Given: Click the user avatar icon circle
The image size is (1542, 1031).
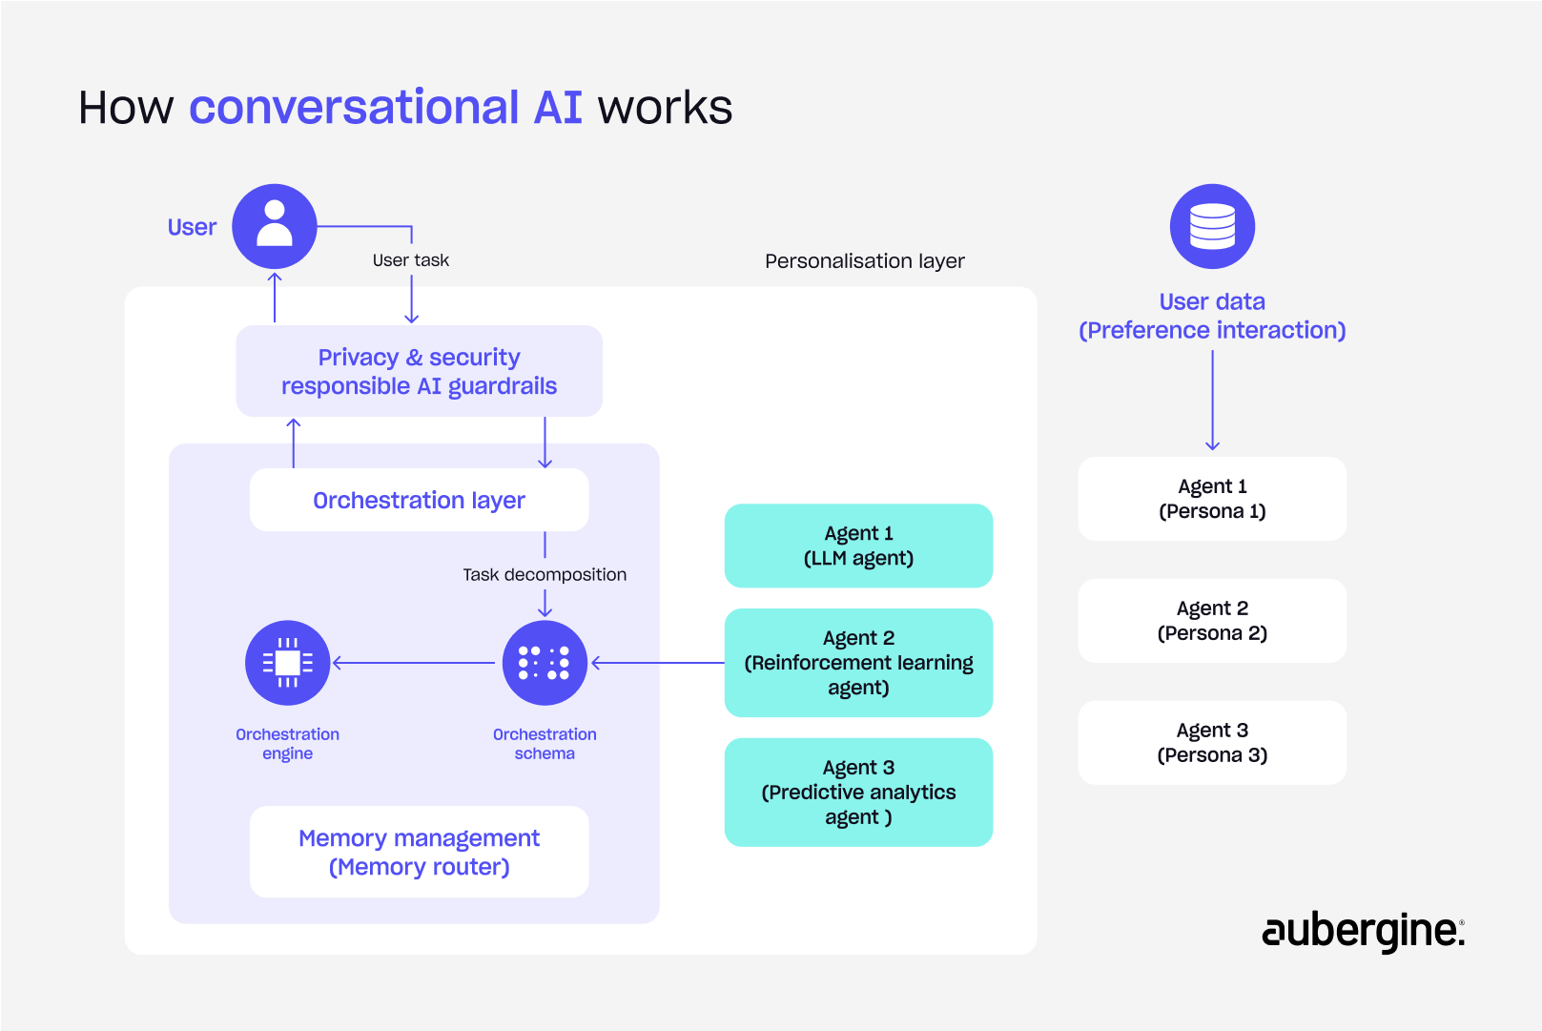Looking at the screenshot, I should pyautogui.click(x=275, y=226).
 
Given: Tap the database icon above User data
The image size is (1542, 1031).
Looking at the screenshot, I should pyautogui.click(x=1212, y=226).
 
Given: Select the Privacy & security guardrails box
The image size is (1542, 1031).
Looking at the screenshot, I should pyautogui.click(x=419, y=371).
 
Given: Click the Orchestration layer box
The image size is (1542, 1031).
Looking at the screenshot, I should pyautogui.click(x=419, y=500).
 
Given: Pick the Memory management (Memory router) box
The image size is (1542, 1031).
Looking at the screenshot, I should pyautogui.click(x=419, y=852).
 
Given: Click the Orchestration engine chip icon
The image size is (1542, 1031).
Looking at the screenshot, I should pyautogui.click(x=287, y=663).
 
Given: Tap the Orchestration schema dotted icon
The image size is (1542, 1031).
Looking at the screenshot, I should pyautogui.click(x=545, y=663).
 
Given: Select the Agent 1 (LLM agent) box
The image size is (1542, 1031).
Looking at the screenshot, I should pyautogui.click(x=858, y=546).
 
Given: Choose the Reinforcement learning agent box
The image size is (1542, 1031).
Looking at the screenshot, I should pyautogui.click(x=858, y=663).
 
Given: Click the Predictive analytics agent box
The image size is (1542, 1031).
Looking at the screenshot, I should pyautogui.click(x=858, y=792).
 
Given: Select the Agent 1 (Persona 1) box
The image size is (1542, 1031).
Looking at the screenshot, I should pyautogui.click(x=1212, y=499).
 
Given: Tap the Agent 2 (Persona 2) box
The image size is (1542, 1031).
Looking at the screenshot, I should pyautogui.click(x=1212, y=621).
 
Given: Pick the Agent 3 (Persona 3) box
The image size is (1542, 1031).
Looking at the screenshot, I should pyautogui.click(x=1212, y=743).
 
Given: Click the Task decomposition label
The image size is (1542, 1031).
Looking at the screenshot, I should pyautogui.click(x=545, y=574).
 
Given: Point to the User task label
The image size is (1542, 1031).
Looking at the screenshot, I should pyautogui.click(x=410, y=260).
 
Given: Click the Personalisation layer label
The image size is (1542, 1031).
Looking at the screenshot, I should pyautogui.click(x=864, y=260).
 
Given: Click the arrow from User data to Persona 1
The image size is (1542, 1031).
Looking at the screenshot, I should pyautogui.click(x=1212, y=401).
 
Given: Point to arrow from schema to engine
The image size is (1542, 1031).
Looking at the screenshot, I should pyautogui.click(x=415, y=663).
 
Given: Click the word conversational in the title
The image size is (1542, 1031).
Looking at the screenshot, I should pyautogui.click(x=354, y=107).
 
